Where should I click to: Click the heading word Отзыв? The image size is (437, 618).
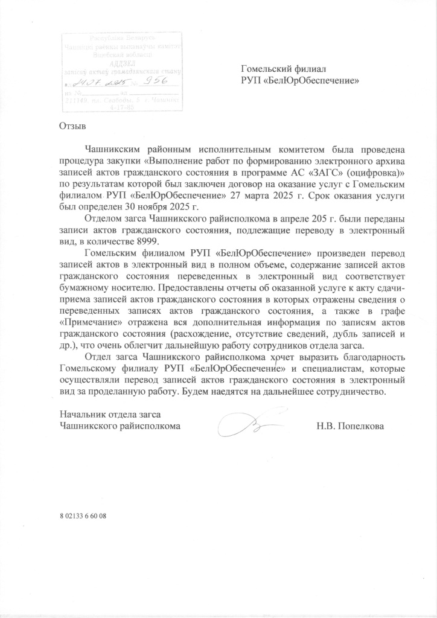[73, 127]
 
